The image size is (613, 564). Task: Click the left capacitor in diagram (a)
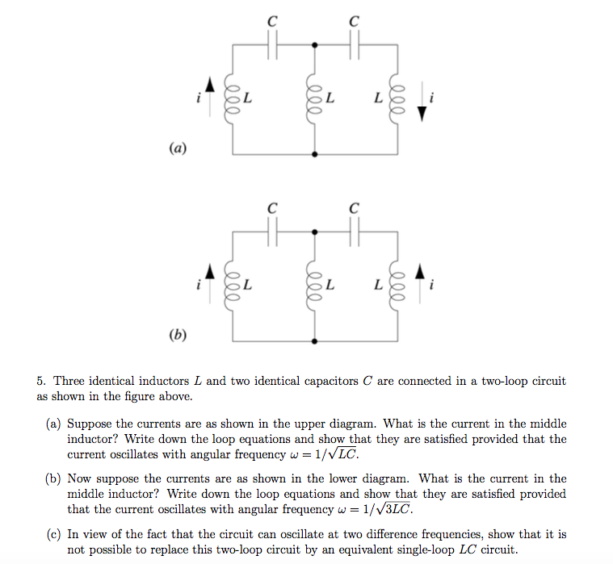(x=272, y=47)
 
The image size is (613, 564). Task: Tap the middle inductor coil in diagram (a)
(x=313, y=99)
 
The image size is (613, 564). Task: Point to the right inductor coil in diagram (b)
(x=396, y=286)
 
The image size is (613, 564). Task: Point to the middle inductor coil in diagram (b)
(x=313, y=286)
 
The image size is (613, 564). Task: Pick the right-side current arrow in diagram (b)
(x=418, y=276)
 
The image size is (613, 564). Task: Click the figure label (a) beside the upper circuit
(x=178, y=148)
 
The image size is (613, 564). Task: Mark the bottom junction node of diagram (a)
(x=314, y=153)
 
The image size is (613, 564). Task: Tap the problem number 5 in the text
(x=40, y=381)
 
